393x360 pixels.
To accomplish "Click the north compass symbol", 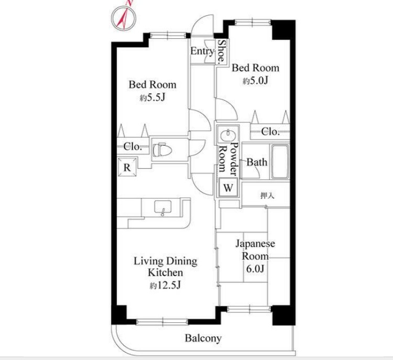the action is [124, 18].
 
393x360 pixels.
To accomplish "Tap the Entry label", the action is [202, 51].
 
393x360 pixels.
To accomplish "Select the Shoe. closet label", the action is [221, 51].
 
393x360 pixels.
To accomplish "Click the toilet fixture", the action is [162, 150].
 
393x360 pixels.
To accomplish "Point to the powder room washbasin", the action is [228, 136].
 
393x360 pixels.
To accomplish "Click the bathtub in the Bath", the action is [280, 161].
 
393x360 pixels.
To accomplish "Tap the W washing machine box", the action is [228, 188].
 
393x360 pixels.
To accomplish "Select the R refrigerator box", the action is [127, 167].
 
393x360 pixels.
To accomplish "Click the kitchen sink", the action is [162, 208].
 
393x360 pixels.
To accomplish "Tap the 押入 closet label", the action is [267, 195].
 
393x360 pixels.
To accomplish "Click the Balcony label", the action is [203, 338].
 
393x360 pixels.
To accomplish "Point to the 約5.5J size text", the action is [152, 97].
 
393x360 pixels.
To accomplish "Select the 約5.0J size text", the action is [255, 81].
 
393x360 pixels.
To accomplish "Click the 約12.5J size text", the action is [165, 285].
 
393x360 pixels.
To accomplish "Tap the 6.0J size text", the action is [255, 269].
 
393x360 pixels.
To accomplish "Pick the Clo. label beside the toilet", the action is [133, 147].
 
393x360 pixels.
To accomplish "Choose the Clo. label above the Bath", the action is [270, 132].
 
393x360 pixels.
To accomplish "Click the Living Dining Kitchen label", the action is [166, 267].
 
